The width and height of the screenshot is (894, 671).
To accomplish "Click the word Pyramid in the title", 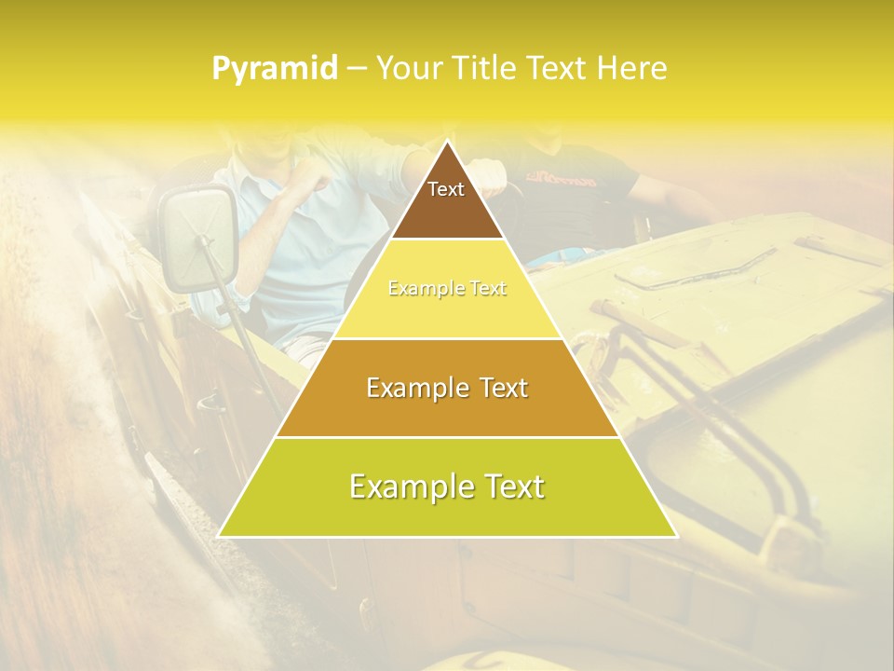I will pos(274,69).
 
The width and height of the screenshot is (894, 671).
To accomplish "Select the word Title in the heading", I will pos(489,69).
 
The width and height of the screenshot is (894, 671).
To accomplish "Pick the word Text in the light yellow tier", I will pos(486,289).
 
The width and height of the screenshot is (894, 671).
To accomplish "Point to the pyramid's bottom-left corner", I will pos(220,536).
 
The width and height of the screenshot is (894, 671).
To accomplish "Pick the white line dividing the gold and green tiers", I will pos(447,437).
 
